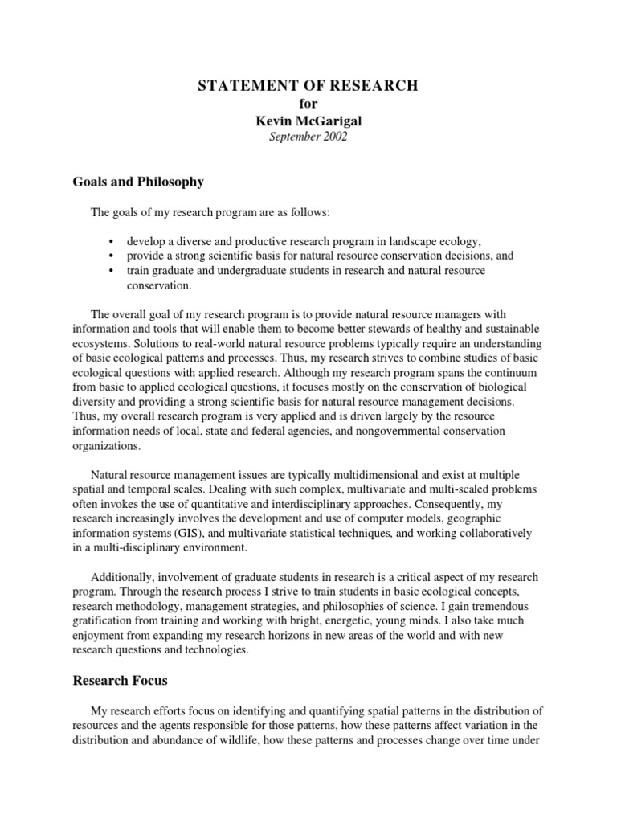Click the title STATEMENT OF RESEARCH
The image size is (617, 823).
[x=308, y=86]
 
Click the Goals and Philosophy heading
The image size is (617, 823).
[x=138, y=182]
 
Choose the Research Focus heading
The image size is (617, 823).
[x=121, y=680]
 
